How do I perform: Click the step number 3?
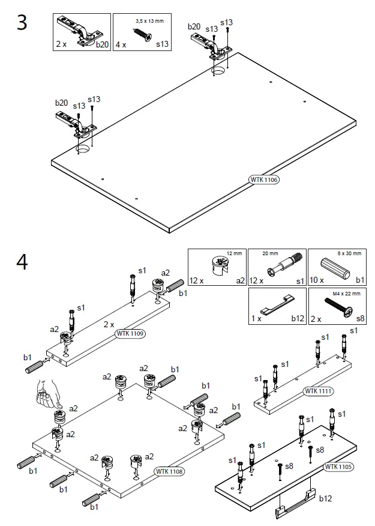coord(22,23)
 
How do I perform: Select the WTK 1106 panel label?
coord(264,180)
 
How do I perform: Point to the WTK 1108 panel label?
coord(169,471)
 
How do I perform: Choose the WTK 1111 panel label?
coord(319,391)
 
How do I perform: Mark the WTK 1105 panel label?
coord(338,467)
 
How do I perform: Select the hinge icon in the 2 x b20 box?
coord(80,30)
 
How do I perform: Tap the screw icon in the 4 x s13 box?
coord(143,32)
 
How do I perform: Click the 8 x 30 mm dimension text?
coord(349,254)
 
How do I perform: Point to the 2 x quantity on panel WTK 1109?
coord(108,324)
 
